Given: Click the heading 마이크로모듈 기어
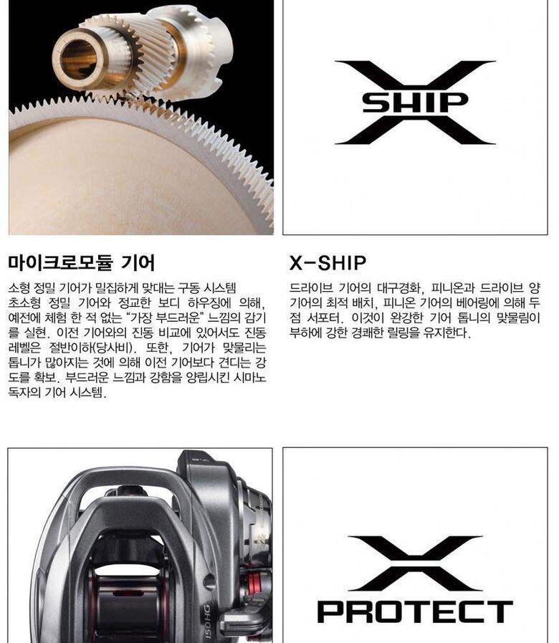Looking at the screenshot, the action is tap(81, 262).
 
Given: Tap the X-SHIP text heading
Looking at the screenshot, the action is tap(328, 263).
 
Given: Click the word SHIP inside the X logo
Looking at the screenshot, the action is tap(415, 103).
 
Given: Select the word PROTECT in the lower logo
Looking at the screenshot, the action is tap(415, 611).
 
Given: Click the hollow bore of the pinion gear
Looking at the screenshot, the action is tap(78, 60).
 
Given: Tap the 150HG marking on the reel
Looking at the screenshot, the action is tap(208, 621).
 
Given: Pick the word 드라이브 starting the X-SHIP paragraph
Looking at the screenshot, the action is tap(310, 288).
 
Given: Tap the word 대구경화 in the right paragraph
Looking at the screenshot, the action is tap(400, 288).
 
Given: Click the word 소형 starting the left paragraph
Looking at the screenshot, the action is tap(19, 288).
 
